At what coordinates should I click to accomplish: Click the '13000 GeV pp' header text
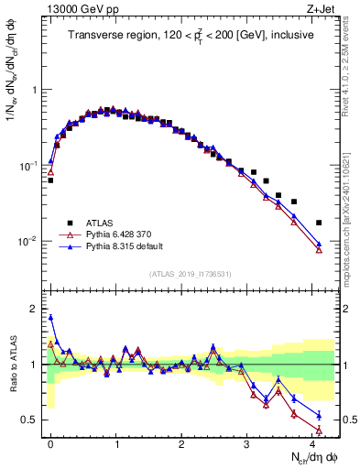70,10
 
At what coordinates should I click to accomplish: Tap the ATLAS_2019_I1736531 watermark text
190,274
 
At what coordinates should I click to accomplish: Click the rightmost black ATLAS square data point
319,223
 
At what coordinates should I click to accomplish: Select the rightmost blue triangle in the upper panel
319,244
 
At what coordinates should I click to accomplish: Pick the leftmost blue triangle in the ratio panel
50,318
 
